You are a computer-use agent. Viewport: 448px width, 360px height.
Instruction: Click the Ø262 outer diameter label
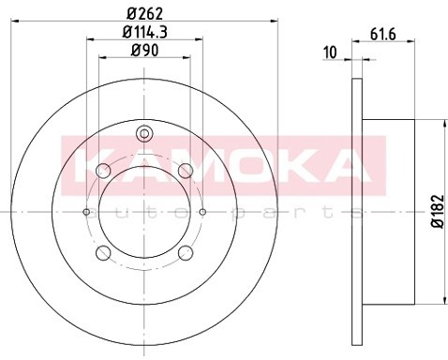point(145,13)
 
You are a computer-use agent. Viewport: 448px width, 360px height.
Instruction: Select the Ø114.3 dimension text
point(144,32)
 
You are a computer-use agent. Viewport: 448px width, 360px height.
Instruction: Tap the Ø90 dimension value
point(144,51)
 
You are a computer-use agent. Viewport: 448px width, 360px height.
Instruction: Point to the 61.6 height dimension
point(383,34)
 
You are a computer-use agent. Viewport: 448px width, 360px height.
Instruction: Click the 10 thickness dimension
point(330,52)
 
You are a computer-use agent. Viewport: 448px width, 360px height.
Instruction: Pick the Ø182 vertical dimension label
point(438,212)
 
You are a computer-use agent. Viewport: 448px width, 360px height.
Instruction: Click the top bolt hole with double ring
point(144,134)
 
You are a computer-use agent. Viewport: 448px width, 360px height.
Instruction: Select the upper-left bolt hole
point(103,171)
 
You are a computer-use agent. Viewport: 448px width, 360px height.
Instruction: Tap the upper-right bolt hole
point(186,171)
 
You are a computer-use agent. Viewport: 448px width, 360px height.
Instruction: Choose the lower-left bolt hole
point(103,253)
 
